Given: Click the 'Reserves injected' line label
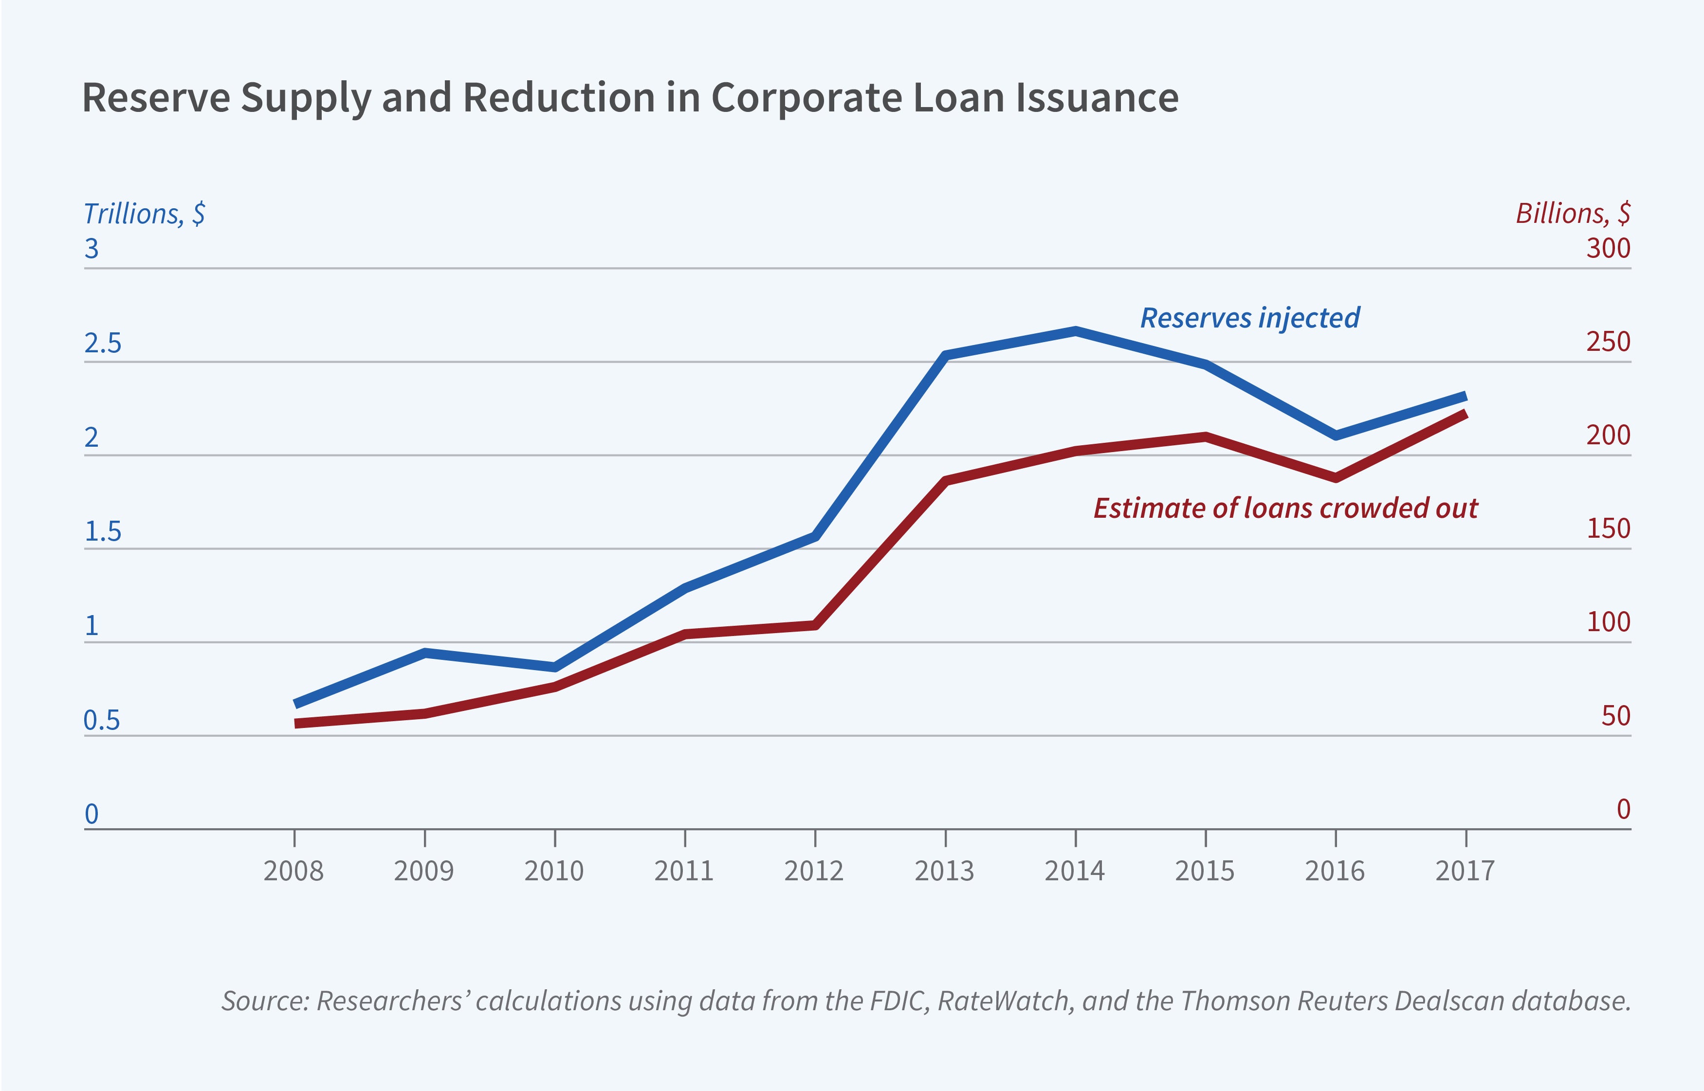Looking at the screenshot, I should pyautogui.click(x=1249, y=318).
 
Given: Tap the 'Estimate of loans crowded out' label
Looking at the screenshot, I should pyautogui.click(x=1285, y=508).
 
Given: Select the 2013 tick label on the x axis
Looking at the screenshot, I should pyautogui.click(x=944, y=871).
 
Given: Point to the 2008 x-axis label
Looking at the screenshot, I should pyautogui.click(x=293, y=871).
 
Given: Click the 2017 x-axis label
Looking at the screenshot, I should pyautogui.click(x=1465, y=871).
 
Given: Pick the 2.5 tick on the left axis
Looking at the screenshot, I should pyautogui.click(x=103, y=344).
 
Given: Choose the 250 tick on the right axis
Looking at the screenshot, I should pyautogui.click(x=1608, y=342).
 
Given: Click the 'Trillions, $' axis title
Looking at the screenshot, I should pyautogui.click(x=145, y=213).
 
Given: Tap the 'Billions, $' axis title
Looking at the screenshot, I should pyautogui.click(x=1572, y=213).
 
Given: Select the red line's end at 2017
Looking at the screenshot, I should pyautogui.click(x=1465, y=414).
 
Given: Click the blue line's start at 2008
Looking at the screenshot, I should pyautogui.click(x=295, y=704).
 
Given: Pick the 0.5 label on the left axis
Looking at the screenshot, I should pyautogui.click(x=102, y=721).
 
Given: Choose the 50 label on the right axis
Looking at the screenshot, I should pyautogui.click(x=1615, y=716).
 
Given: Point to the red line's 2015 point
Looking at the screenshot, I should pyautogui.click(x=1205, y=436).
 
